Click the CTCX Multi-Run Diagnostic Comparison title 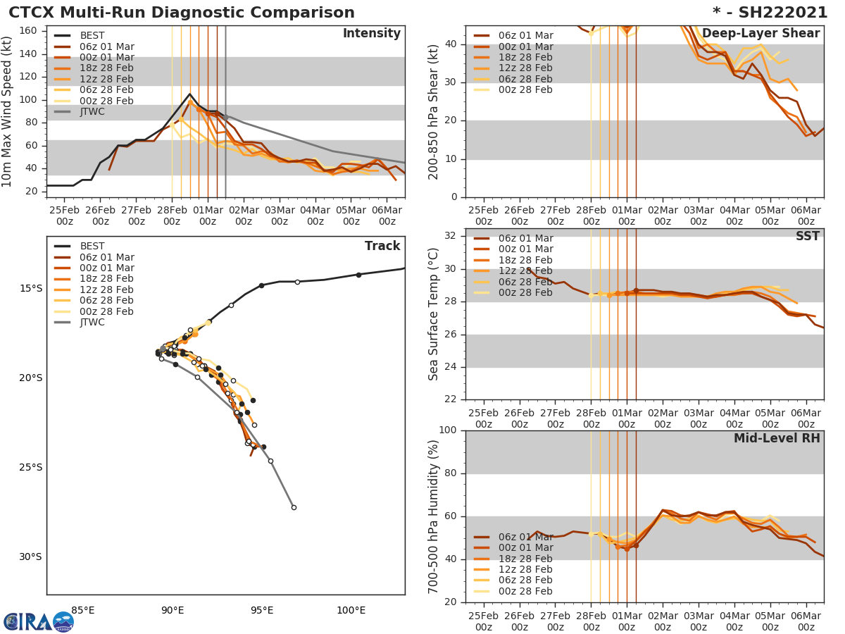coord(182,13)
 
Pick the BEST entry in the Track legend coord(92,246)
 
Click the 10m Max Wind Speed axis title coord(8,111)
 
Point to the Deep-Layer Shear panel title coord(760,34)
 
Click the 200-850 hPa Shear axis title coord(434,111)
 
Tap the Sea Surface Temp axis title coord(434,314)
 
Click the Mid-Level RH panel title coord(777,438)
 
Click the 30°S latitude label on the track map coord(30,557)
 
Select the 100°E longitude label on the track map coord(351,610)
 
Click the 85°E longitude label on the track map coord(83,610)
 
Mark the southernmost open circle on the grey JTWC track coord(294,507)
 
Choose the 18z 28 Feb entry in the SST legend coord(524,260)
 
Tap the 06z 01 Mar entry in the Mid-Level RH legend coord(524,537)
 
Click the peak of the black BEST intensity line coord(189,94)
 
